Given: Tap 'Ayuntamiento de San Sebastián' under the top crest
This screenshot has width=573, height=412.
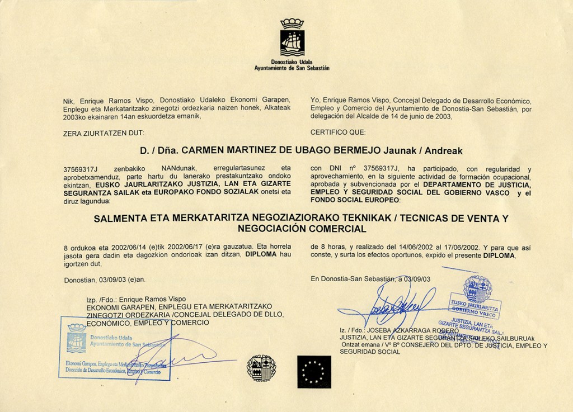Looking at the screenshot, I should (292, 68).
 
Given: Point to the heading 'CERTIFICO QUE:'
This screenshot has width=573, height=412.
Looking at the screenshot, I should (338, 132).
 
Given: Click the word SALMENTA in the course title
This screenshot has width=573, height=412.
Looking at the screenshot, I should (121, 218).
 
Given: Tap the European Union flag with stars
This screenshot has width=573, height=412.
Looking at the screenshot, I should (314, 372).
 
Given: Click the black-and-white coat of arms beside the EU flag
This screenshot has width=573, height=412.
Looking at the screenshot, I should (261, 368).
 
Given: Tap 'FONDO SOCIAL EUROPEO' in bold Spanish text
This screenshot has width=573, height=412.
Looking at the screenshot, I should (355, 200).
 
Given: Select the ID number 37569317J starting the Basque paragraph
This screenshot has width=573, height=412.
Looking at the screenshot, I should (81, 168).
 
